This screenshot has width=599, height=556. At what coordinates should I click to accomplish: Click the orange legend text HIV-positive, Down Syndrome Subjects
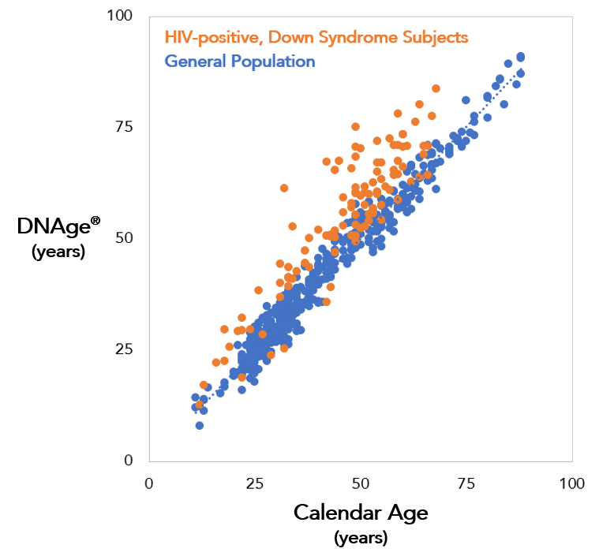click(316, 37)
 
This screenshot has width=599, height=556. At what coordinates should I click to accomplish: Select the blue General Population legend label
click(239, 62)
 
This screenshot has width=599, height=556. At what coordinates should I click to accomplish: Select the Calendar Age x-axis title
click(361, 513)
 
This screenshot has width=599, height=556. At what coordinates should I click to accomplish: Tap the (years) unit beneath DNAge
click(58, 252)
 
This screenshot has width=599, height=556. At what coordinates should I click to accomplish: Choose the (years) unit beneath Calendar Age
click(361, 538)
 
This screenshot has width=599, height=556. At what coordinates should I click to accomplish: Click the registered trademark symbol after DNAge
click(95, 221)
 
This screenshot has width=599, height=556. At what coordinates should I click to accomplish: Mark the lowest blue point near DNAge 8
click(200, 425)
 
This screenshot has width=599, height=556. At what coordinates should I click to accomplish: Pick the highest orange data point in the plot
click(436, 88)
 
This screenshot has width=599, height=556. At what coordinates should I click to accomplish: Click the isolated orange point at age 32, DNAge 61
click(284, 188)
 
